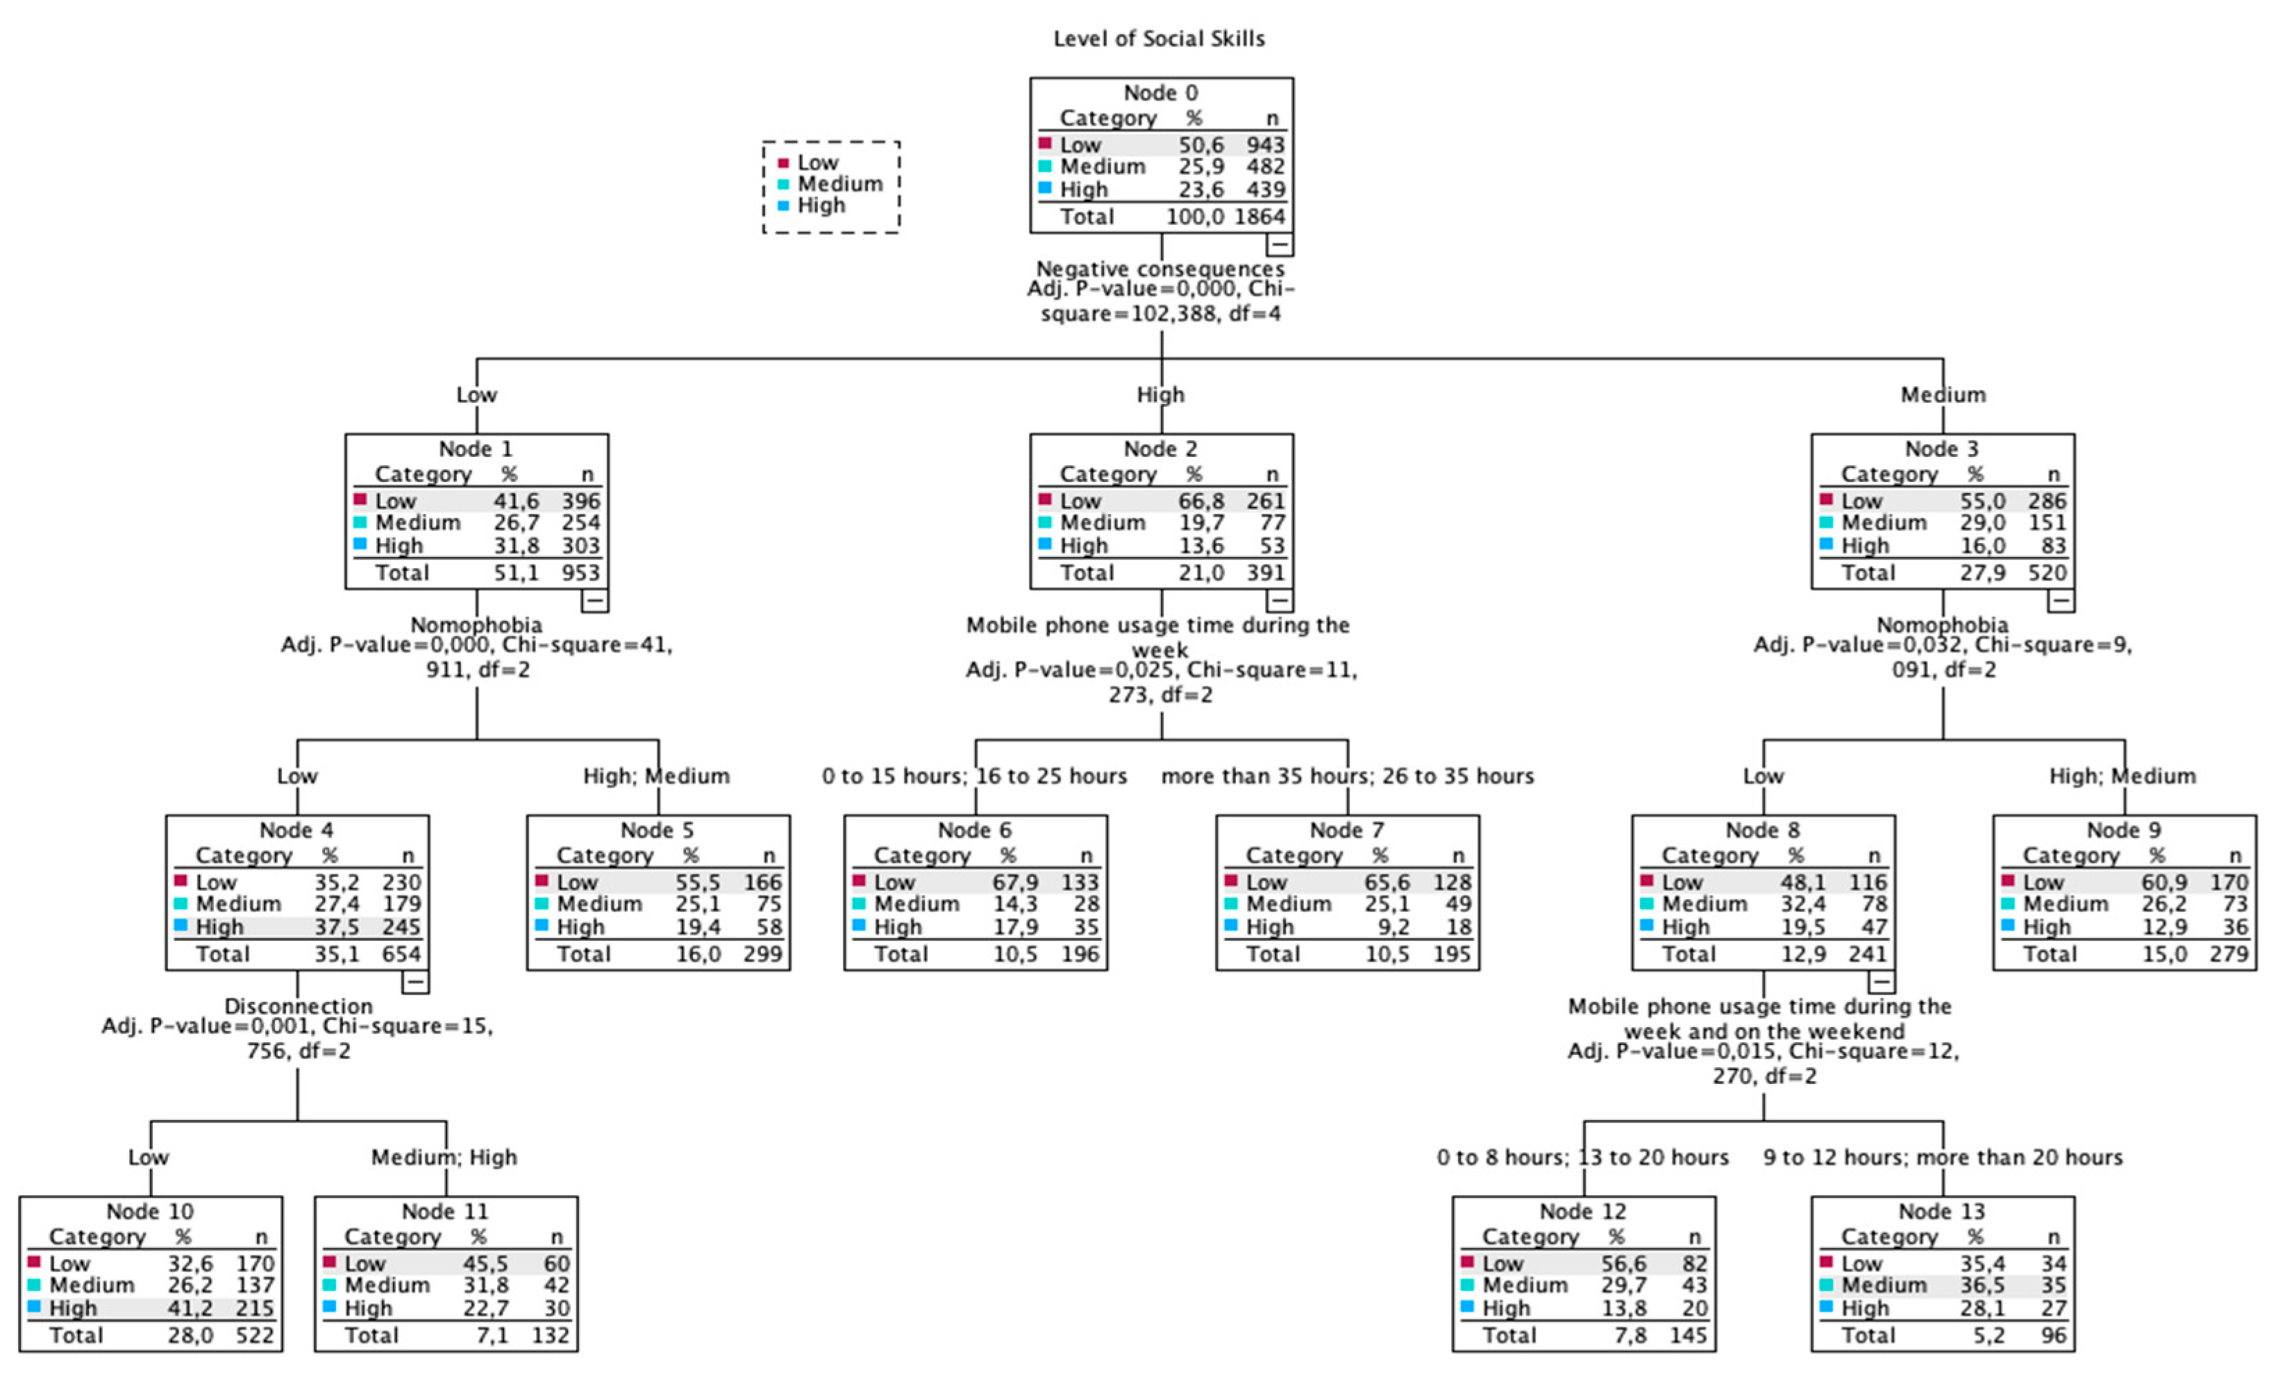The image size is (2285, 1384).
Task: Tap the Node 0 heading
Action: tap(1160, 93)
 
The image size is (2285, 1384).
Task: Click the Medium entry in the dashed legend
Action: tap(839, 183)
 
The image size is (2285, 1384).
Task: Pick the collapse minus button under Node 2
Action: tap(1279, 600)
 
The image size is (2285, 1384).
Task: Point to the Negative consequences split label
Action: tap(1160, 268)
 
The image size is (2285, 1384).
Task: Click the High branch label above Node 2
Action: tap(1160, 394)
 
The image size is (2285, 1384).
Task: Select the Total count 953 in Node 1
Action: tap(580, 572)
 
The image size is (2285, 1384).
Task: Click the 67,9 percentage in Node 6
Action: tap(1016, 882)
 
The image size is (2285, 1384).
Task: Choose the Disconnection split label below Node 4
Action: tap(298, 1006)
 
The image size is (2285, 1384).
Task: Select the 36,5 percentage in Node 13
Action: tap(1982, 1285)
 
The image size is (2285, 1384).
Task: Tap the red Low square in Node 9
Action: tap(2008, 879)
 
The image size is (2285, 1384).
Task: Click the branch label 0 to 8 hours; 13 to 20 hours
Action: tap(1582, 1157)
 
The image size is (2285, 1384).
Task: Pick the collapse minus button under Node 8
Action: tap(1881, 981)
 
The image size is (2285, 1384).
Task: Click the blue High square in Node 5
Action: tap(542, 925)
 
